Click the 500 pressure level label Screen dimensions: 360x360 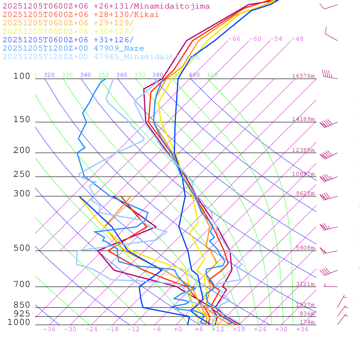coord(22,248)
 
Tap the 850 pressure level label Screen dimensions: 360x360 coord(22,305)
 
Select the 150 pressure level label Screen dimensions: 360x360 coord(22,120)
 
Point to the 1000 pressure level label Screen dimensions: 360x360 coord(19,322)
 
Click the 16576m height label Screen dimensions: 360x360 coord(303,76)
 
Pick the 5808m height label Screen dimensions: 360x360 coord(304,248)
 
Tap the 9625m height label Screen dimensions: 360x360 coord(305,193)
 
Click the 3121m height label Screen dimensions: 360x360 coord(305,284)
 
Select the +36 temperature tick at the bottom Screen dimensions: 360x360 coord(302,329)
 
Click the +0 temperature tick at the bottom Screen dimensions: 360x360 coord(178,329)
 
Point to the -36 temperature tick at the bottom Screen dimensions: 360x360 coord(49,329)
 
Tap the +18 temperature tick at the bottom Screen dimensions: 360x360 coord(239,329)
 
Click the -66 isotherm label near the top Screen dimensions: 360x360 coord(234,39)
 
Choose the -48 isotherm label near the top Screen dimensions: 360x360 coord(297,39)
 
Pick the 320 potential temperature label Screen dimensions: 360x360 coord(49,75)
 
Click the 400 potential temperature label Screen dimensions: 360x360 coord(194,75)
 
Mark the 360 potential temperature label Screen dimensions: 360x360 coord(122,75)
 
